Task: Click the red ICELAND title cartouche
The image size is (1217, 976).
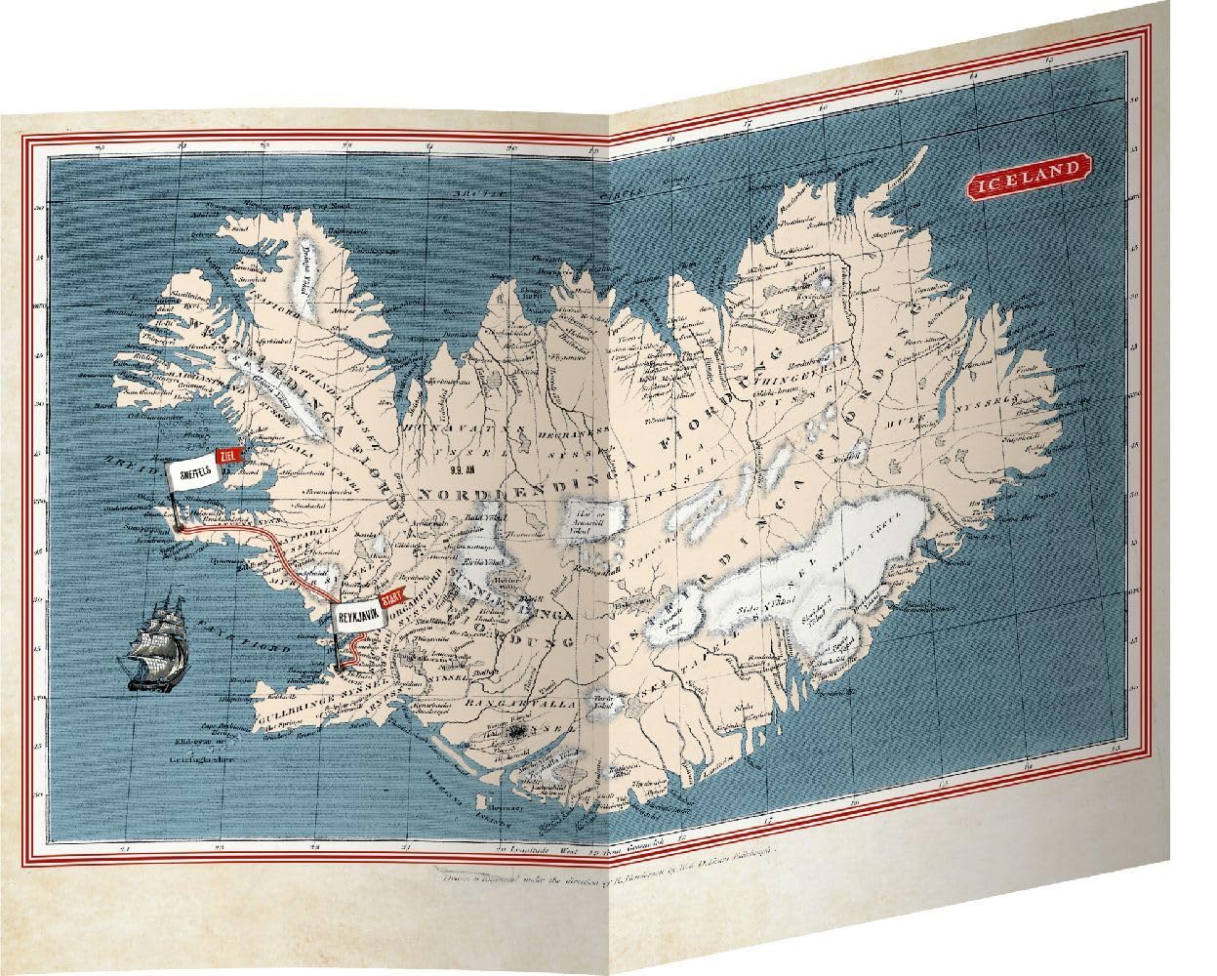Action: tap(1028, 173)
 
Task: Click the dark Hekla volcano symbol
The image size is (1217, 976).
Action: tap(521, 730)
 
